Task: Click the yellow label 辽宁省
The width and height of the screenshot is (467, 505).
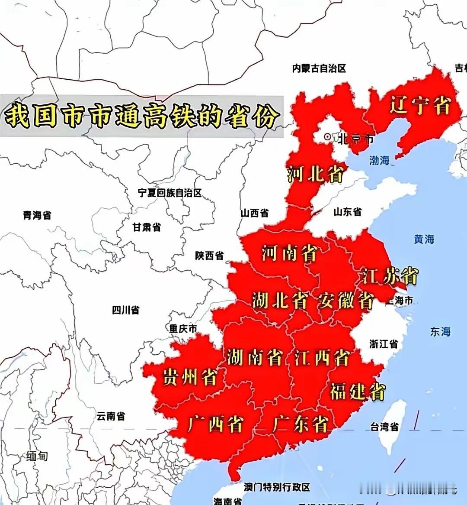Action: point(420,105)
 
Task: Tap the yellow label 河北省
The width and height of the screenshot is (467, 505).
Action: point(315,174)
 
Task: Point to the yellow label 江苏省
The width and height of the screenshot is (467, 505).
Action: point(390,276)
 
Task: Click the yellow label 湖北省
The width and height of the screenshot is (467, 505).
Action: point(280,301)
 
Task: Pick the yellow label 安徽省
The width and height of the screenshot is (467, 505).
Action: point(346,301)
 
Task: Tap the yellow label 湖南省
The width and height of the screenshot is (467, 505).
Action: point(254,358)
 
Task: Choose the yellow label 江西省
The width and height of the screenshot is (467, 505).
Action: point(322,358)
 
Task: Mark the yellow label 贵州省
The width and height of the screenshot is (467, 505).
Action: point(189,377)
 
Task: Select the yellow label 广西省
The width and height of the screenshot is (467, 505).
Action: point(215,424)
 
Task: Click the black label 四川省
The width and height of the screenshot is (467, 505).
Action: point(125,310)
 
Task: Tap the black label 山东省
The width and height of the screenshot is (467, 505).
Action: point(348,212)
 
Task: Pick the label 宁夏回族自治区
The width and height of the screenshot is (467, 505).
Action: point(170,193)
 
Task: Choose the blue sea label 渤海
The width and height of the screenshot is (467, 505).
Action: point(379,161)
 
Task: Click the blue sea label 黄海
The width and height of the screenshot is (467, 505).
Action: point(424,239)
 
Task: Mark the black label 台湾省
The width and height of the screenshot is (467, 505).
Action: point(384,427)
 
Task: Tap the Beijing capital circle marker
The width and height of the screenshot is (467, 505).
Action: point(328,137)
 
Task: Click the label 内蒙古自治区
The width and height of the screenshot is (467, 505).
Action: point(319,68)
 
